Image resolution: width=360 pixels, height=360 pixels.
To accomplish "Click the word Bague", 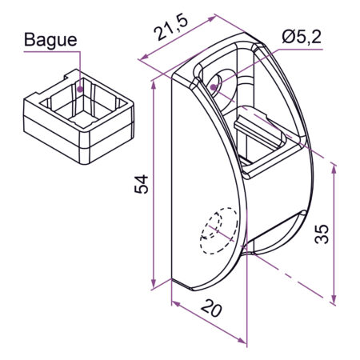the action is tap(50, 40).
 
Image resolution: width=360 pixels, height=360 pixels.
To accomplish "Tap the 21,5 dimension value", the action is tap(171, 28).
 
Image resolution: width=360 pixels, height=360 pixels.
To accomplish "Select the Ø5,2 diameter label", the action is tap(302, 37).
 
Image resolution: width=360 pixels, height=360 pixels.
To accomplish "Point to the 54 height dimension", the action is tap(141, 184).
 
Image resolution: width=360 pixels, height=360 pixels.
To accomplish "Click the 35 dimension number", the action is tap(322, 234).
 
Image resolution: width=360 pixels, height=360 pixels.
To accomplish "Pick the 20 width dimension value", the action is tap(211, 309).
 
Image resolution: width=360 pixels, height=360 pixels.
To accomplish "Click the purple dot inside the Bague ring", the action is tap(80, 89).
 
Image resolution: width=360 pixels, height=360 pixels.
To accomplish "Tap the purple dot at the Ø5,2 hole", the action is tap(213, 87).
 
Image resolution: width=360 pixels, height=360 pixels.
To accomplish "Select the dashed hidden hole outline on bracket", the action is tap(219, 230).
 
